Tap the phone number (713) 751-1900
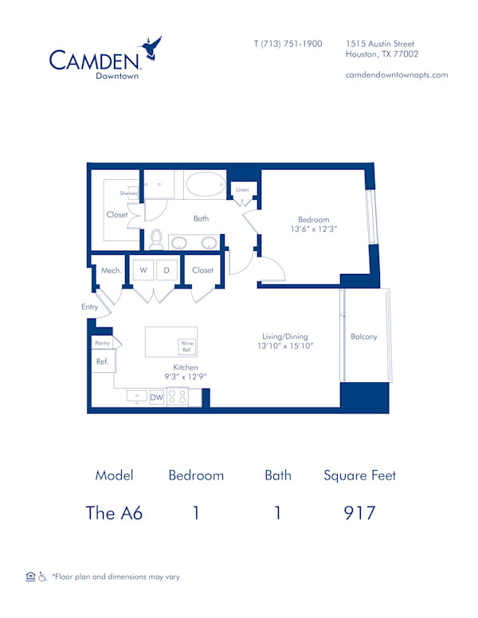tap(288, 44)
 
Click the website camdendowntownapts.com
tap(396, 75)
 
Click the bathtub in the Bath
tap(206, 185)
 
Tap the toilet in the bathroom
tap(156, 239)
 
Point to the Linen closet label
tap(242, 190)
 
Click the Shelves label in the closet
tap(129, 194)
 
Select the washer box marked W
tap(143, 270)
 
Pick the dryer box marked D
tap(167, 270)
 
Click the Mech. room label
tap(111, 271)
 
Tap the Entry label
tap(89, 307)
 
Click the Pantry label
tap(101, 342)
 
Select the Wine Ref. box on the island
tap(187, 346)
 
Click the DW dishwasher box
tap(157, 397)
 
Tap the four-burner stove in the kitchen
tap(178, 397)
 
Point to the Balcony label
tap(364, 337)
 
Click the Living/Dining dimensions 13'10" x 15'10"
tap(285, 346)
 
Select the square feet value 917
tap(359, 513)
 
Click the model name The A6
tap(114, 513)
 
